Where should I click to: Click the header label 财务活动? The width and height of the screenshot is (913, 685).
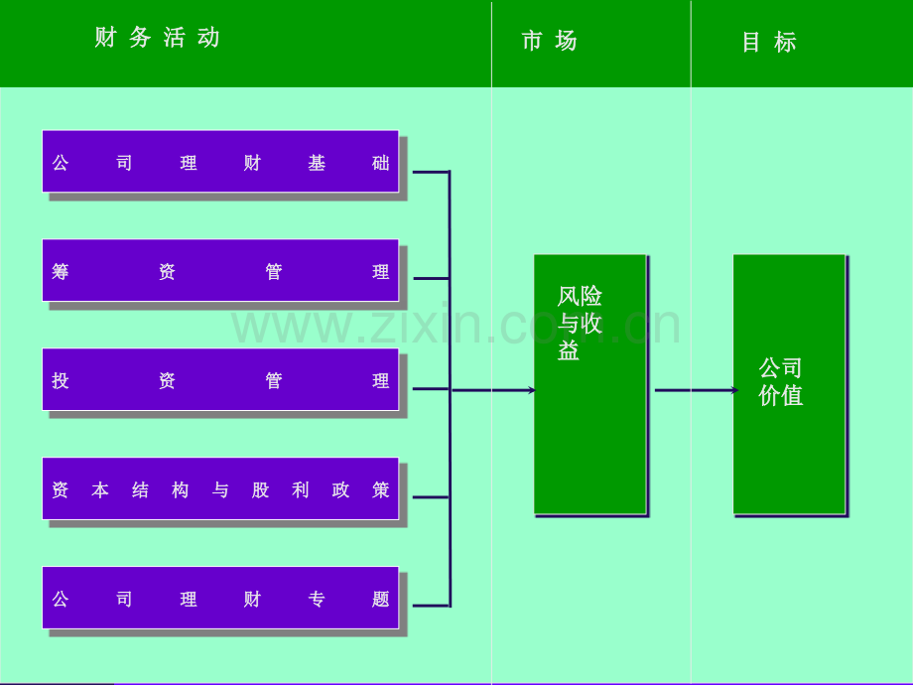[x=157, y=38]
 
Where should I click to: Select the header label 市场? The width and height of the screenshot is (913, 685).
[x=549, y=41]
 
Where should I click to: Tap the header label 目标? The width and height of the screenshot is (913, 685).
[x=768, y=42]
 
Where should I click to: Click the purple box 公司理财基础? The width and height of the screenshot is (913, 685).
[x=220, y=162]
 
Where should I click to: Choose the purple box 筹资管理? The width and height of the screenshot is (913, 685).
[x=220, y=270]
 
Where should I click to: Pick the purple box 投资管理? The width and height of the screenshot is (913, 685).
[x=220, y=379]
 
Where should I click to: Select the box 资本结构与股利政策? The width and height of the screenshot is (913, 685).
[x=220, y=488]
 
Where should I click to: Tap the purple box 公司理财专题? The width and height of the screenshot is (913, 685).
[x=220, y=598]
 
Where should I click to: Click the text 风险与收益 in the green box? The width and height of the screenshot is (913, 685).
[x=580, y=324]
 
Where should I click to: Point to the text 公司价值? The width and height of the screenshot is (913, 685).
[x=780, y=381]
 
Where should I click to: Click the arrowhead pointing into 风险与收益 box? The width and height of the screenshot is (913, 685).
[x=532, y=390]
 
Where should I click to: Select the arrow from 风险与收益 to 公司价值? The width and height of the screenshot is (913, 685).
[x=697, y=390]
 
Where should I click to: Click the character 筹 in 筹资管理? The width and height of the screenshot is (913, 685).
[x=60, y=271]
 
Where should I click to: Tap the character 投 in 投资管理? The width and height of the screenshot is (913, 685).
[x=60, y=380]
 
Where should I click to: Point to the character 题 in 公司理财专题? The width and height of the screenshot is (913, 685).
[x=381, y=599]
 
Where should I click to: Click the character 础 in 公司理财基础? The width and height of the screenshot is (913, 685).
[x=381, y=163]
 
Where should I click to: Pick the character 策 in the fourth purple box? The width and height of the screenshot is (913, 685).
[x=381, y=489]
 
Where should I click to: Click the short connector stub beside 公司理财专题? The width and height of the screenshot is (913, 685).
[x=431, y=606]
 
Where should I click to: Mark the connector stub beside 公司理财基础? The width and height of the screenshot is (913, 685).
[x=431, y=172]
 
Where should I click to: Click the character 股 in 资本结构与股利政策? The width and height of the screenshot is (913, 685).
[x=260, y=489]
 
